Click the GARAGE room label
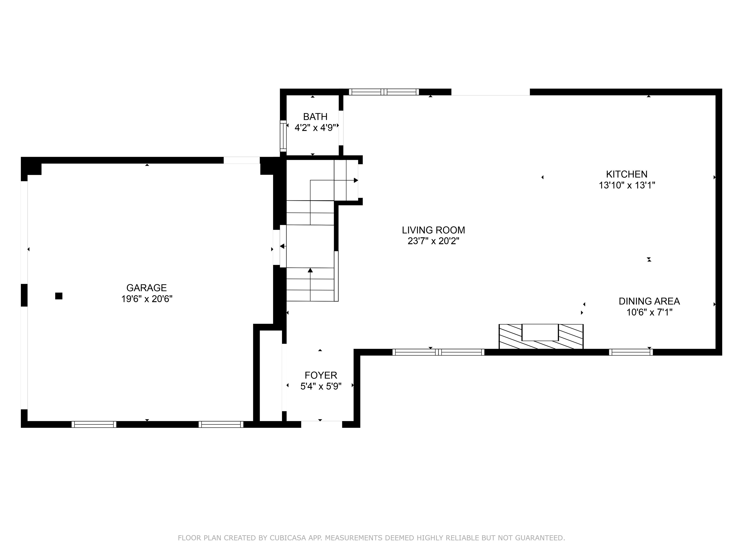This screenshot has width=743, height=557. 147,288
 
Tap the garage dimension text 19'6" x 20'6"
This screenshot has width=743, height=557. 147,299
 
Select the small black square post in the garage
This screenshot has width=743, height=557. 59,296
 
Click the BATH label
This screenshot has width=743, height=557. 315,117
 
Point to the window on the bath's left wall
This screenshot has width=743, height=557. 283,136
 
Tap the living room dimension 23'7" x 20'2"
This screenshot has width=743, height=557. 433,241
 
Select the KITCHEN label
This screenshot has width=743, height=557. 626,174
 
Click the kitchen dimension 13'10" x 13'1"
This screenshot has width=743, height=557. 627,185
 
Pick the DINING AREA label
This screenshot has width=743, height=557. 649,301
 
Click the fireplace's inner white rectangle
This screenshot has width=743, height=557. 540,332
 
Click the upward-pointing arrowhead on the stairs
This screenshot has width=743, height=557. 310,270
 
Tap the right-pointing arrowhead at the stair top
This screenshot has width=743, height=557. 356,180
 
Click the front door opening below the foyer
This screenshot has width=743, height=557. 321,424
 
